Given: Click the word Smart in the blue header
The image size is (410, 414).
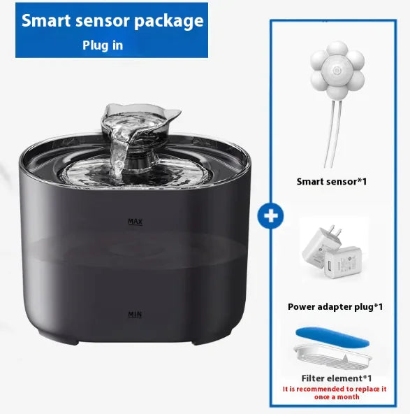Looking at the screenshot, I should tap(47, 20).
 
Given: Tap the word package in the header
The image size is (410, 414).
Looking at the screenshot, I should tap(170, 20).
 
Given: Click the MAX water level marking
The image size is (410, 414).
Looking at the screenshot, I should tap(136, 222).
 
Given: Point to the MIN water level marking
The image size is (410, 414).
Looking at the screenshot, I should tap(135, 315).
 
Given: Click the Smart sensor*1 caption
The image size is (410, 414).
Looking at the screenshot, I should tap(332, 181).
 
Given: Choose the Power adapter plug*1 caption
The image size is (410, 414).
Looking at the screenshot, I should tap(335, 306).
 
